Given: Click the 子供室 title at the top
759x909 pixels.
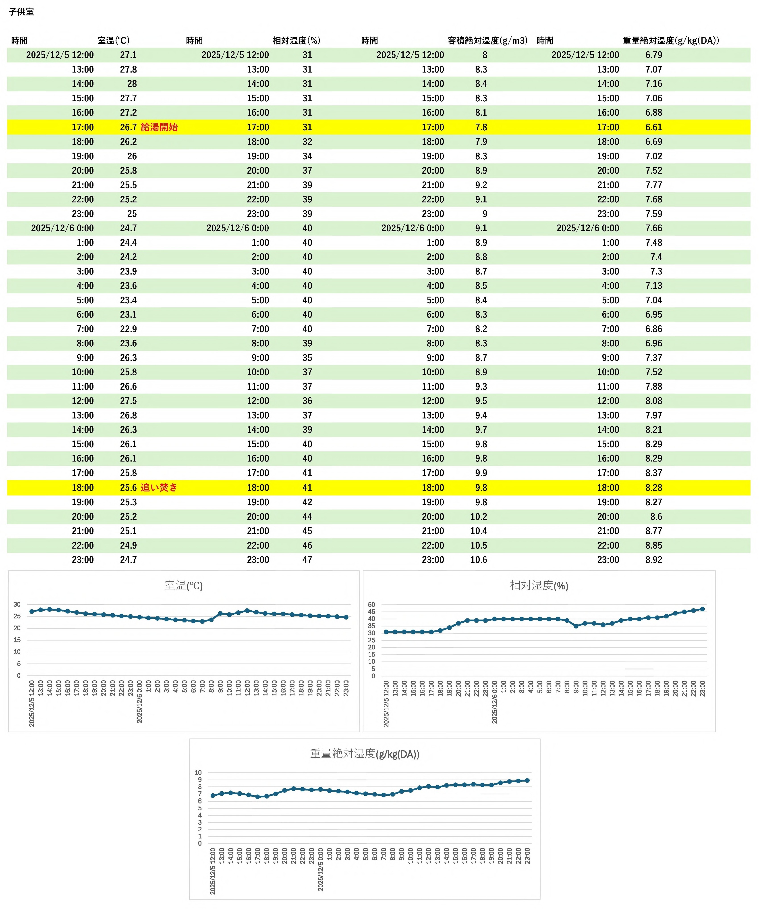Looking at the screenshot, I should [21, 12].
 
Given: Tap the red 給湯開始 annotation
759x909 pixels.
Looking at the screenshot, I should [159, 127].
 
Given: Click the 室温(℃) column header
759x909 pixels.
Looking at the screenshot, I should [113, 41].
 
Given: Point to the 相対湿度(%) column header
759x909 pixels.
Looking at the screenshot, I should [297, 41].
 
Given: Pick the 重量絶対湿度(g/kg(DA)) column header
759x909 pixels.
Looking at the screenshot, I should [671, 41].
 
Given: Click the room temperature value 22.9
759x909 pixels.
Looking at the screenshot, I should [129, 329].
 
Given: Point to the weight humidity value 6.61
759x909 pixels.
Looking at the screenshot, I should [654, 127].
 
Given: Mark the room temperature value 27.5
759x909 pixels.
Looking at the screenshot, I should [129, 401].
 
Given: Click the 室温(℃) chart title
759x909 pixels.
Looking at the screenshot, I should [183, 586].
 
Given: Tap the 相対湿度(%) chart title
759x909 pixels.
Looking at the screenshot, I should [539, 586].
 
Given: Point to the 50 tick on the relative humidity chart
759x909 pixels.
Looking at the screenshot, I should [371, 605].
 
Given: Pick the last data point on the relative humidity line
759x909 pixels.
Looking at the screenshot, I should [702, 609].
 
